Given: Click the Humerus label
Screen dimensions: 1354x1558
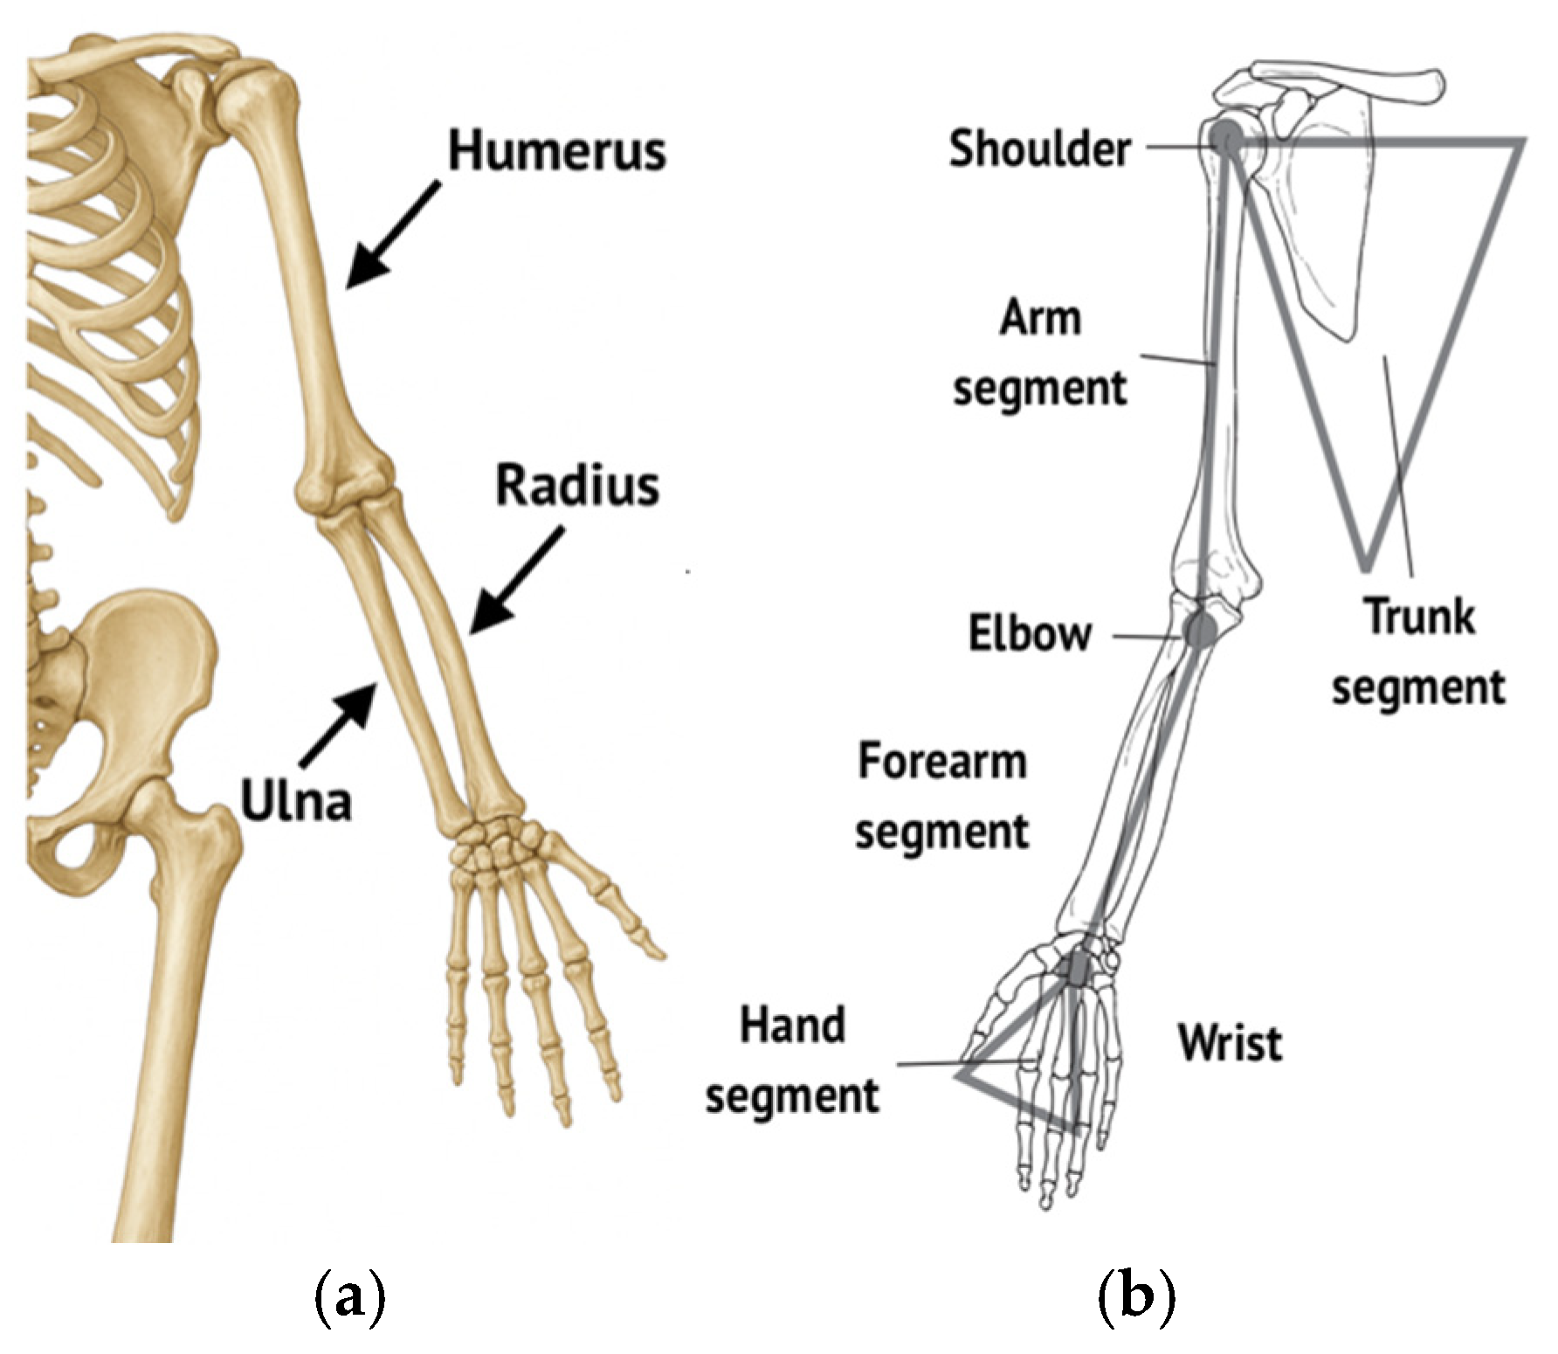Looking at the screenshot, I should click(556, 150).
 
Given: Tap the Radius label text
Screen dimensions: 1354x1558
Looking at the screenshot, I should click(576, 486).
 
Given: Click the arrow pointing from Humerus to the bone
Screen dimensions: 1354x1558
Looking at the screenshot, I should click(393, 234).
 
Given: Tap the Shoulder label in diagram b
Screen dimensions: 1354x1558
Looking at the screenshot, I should click(1039, 149).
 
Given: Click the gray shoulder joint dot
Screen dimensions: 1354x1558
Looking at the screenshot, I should click(1226, 137).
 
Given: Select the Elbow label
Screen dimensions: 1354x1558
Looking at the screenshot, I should click(1030, 633).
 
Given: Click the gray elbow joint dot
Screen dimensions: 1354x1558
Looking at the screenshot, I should click(1201, 627).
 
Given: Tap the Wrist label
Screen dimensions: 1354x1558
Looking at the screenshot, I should click(1230, 1042).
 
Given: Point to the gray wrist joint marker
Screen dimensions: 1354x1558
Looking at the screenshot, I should click(1079, 965).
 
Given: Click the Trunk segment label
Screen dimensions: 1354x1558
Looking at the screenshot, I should click(1418, 653).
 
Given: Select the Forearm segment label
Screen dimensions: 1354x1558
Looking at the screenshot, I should click(941, 796).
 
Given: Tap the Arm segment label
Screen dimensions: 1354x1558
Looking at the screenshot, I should click(1039, 353).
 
